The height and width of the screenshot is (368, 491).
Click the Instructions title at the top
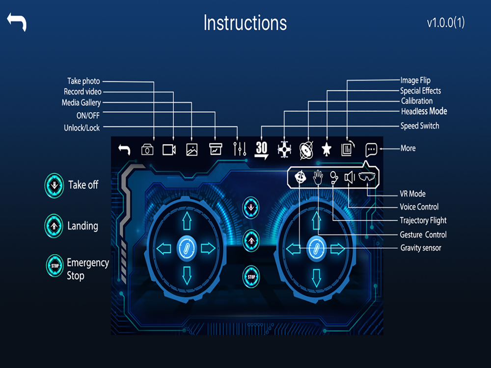(x=245, y=23)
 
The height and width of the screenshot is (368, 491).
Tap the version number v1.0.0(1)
(x=445, y=23)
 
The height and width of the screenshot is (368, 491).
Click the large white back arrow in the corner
(x=17, y=22)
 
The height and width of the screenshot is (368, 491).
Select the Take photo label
(x=83, y=81)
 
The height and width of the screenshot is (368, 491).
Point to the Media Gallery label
(x=81, y=103)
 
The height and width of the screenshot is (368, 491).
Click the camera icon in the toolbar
(x=147, y=150)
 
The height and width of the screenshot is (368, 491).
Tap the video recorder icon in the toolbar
(x=169, y=150)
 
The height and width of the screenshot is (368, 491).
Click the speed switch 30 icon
(x=261, y=149)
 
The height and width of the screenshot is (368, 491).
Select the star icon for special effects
(x=326, y=150)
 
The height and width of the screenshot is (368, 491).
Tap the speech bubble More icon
(x=371, y=149)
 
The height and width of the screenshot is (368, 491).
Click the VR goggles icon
(x=367, y=177)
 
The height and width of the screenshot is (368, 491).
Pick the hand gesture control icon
(x=318, y=177)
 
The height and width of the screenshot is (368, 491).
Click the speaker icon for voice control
(x=349, y=177)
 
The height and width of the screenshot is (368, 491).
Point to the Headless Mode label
(x=424, y=111)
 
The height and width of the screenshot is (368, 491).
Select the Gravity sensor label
(x=420, y=248)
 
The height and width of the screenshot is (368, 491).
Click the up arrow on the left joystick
(x=186, y=222)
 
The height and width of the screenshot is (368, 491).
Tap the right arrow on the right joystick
(x=337, y=249)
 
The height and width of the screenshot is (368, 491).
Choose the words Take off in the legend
(x=83, y=185)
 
